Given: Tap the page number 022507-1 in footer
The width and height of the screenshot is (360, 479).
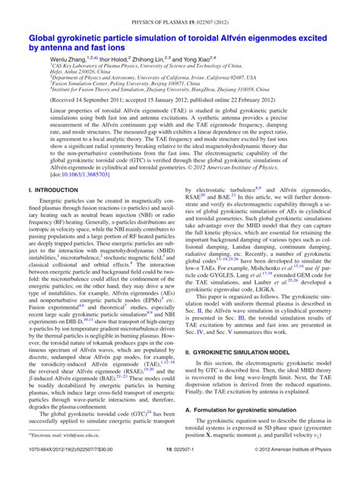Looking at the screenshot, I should (180, 470).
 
